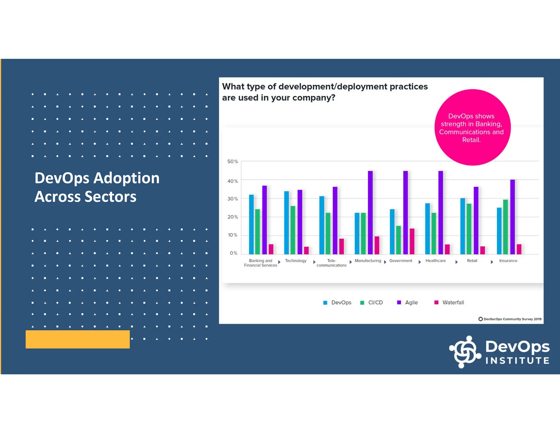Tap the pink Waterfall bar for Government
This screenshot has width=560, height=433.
(412, 241)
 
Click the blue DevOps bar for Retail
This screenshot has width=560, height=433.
(462, 226)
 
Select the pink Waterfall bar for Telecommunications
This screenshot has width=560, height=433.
(342, 246)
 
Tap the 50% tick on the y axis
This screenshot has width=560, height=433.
(232, 161)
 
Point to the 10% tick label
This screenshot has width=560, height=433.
(232, 235)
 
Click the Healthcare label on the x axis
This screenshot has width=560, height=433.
(435, 261)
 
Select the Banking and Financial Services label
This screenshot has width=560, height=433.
(260, 263)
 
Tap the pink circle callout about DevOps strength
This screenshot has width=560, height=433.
(472, 127)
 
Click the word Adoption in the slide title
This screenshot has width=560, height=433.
(126, 178)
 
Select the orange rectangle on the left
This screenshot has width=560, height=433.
(78, 339)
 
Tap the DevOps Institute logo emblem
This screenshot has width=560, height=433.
(465, 352)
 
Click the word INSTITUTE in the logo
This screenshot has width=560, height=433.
(517, 360)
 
